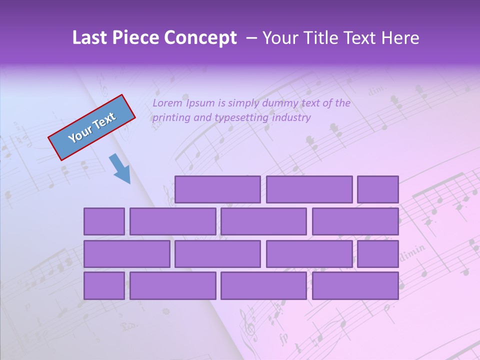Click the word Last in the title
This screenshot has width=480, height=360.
[90, 38]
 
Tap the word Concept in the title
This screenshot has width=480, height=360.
[201, 38]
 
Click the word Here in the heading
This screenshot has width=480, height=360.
[400, 38]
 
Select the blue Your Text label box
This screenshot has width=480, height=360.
[92, 127]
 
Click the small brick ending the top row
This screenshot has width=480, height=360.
[378, 189]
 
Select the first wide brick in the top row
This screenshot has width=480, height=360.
[217, 189]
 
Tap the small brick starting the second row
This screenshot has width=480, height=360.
[104, 221]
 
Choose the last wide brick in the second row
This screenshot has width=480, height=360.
[355, 221]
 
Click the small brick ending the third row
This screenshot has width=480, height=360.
[378, 254]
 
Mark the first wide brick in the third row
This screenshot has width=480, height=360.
[126, 254]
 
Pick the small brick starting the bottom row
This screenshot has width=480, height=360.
[104, 286]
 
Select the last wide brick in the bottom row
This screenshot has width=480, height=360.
[355, 286]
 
